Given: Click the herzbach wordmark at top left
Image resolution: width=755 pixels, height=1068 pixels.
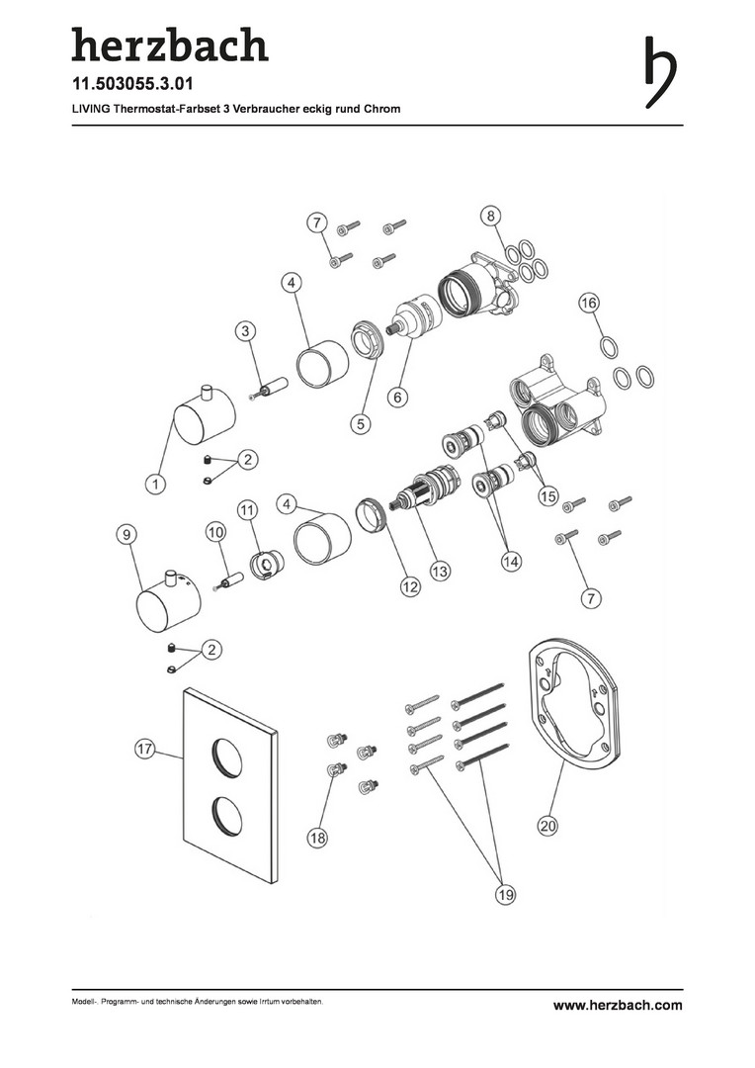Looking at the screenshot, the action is [170, 44].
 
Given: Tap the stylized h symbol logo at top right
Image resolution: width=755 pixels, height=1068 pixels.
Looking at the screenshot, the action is [660, 72].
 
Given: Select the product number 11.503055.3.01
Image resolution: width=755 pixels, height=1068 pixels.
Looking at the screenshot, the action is [132, 84].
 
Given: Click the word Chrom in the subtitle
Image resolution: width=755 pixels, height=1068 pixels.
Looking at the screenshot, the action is [381, 109].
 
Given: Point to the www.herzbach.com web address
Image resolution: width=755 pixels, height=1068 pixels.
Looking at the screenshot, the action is [618, 1005].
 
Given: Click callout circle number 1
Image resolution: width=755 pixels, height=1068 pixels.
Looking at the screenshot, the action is [156, 484].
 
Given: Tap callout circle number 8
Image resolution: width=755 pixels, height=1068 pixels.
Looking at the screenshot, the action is [490, 217].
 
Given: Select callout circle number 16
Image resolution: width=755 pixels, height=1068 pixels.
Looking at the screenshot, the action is [589, 302].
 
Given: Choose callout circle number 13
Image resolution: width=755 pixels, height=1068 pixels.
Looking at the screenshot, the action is [441, 571].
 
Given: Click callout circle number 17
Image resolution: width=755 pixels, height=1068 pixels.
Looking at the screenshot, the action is [144, 750].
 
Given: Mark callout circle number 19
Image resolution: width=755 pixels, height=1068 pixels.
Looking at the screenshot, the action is [505, 894].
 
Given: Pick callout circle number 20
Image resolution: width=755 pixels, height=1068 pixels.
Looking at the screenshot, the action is [548, 826].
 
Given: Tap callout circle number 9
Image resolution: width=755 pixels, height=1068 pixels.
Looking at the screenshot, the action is [126, 535].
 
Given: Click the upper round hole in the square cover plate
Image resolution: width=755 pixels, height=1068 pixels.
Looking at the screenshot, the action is [226, 758].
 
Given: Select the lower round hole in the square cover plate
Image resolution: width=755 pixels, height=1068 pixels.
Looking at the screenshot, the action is [226, 817].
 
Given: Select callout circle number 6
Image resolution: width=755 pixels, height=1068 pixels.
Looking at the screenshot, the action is [398, 397].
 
